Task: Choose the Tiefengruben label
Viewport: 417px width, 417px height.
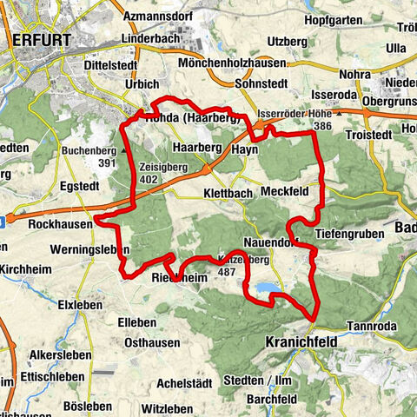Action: (x=348, y=234)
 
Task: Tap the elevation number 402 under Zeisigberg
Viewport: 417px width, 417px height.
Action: (x=149, y=179)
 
